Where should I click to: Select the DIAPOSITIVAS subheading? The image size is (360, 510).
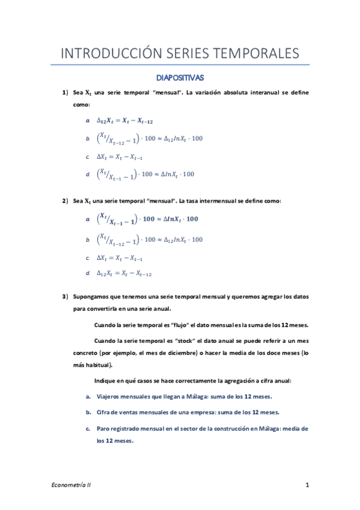tap(180, 78)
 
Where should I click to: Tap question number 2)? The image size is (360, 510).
tap(66, 201)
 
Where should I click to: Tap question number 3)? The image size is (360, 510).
tap(66, 297)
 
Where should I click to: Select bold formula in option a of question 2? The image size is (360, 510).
tap(147, 220)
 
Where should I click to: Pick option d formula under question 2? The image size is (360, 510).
tap(124, 274)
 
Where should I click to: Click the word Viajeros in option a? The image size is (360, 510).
tap(109, 397)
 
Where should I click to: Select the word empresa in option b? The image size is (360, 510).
tap(198, 413)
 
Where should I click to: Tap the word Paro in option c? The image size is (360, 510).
tap(103, 429)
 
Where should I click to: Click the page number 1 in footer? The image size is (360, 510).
tap(307, 485)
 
